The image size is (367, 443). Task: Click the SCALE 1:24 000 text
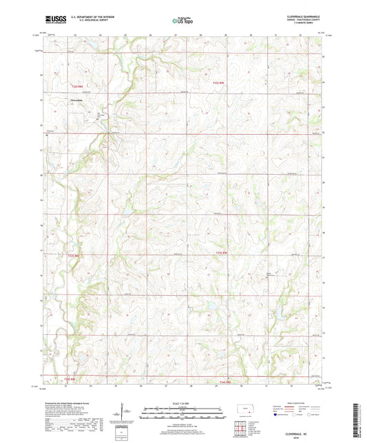coord(183,403)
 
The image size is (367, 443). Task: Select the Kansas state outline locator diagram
coord(244,411)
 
